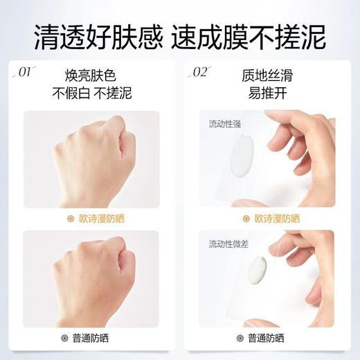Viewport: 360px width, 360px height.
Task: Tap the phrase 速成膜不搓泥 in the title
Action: [x=259, y=35]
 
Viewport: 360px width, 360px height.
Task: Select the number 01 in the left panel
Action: [x=26, y=72]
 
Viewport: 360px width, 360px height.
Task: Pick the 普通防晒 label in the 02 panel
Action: [x=277, y=339]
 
